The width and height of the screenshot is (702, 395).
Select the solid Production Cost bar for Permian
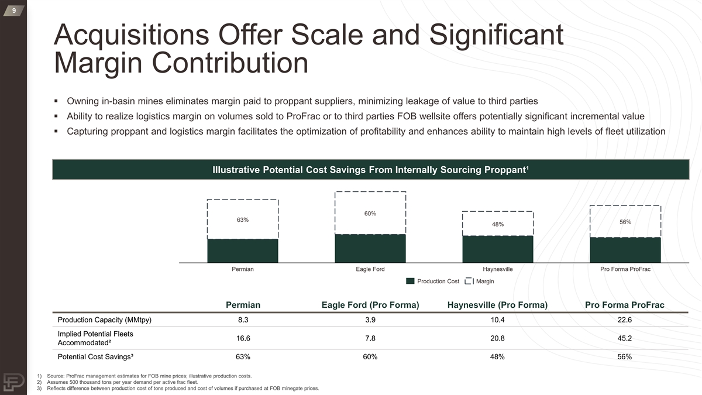tap(243, 250)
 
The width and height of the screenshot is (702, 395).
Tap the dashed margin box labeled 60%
tap(370, 213)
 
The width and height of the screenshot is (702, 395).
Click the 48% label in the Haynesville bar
tap(498, 224)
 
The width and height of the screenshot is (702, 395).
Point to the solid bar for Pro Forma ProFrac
tap(625, 250)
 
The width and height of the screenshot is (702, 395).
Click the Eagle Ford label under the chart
tap(370, 269)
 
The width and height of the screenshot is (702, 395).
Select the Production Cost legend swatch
tap(410, 281)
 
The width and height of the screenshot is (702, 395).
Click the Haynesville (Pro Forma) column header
tap(497, 305)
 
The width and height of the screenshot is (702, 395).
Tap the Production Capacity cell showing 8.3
tap(243, 320)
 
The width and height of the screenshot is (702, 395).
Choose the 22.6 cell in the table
tap(625, 320)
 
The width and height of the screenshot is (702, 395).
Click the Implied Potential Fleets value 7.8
tap(370, 338)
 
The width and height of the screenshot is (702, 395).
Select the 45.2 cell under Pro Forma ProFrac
tap(625, 338)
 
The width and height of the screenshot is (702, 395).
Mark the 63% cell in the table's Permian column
tap(243, 357)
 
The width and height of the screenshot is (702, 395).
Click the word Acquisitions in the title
tap(125, 36)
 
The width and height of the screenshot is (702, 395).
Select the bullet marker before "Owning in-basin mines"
tap(56, 100)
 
